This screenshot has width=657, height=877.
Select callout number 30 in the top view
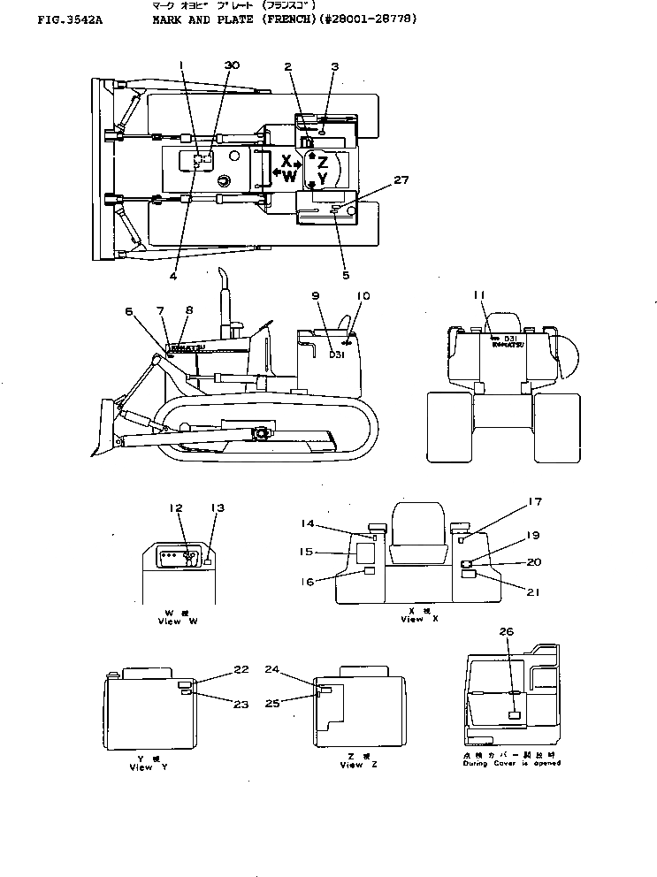point(231,66)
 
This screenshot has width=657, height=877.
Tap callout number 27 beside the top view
point(401,179)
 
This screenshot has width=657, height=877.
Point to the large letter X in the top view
point(286,161)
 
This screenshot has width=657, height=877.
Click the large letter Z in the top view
point(323,162)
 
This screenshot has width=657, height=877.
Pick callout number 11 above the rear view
point(478,294)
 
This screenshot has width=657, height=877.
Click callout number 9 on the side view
point(315,294)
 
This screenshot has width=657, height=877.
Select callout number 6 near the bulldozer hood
point(129,311)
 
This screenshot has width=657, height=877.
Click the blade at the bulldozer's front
point(104,427)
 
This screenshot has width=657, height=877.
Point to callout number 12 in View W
point(176,508)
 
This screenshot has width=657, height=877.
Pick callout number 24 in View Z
point(271,670)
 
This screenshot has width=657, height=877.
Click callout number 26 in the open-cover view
point(505,631)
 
